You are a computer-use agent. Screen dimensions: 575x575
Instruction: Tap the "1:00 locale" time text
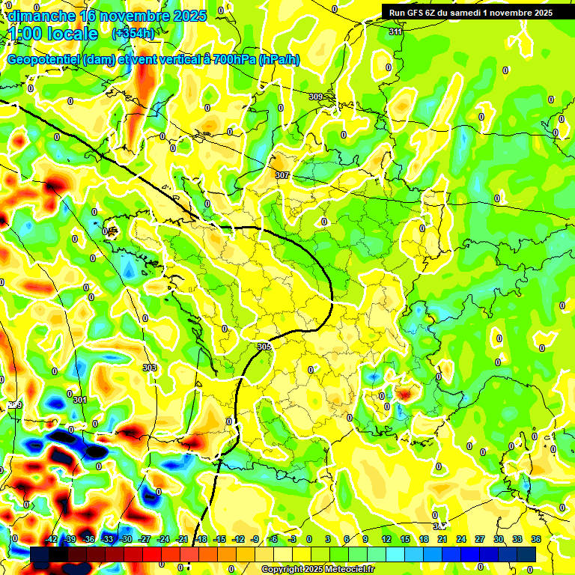(x=53, y=34)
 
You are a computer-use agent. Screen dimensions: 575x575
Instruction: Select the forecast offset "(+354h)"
(x=133, y=33)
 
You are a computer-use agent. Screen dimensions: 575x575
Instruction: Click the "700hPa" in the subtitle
(x=234, y=60)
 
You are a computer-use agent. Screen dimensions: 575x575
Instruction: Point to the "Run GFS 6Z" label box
(x=468, y=12)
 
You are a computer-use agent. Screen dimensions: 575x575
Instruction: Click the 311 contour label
(x=395, y=31)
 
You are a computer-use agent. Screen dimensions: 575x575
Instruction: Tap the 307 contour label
(x=282, y=175)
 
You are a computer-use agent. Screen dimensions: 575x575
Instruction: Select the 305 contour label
(x=264, y=347)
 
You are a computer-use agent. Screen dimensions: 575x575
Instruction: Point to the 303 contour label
(x=150, y=368)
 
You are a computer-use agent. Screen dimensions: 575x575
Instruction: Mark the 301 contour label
(x=80, y=401)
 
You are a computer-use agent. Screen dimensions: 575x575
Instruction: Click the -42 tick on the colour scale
(x=52, y=539)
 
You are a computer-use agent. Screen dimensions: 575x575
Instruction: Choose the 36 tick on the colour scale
(x=536, y=539)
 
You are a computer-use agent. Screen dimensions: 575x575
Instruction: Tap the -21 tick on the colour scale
(x=182, y=539)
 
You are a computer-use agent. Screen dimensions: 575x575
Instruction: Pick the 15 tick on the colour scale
(x=405, y=539)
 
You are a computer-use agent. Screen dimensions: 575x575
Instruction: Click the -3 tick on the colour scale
(x=293, y=539)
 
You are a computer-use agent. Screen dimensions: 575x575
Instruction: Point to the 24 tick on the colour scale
(x=461, y=539)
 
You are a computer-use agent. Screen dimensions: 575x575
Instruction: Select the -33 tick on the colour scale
(x=108, y=539)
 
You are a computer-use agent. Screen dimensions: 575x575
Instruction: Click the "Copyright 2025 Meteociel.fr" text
(x=317, y=569)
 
